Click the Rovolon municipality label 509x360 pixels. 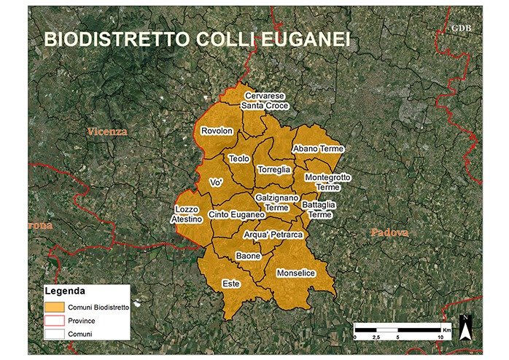click(x=217, y=131)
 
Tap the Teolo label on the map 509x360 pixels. click(x=239, y=158)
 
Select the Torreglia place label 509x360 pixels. click(x=274, y=169)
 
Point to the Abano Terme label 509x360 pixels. click(x=318, y=149)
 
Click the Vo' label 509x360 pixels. click(x=215, y=182)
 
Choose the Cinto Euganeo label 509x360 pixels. click(x=236, y=215)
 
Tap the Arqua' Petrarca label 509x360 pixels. click(x=273, y=235)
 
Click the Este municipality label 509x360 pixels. click(x=231, y=283)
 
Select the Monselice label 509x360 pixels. click(x=296, y=273)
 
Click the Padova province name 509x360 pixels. click(x=389, y=232)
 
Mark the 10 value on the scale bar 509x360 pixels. click(x=440, y=338)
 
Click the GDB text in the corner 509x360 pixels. click(x=462, y=28)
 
